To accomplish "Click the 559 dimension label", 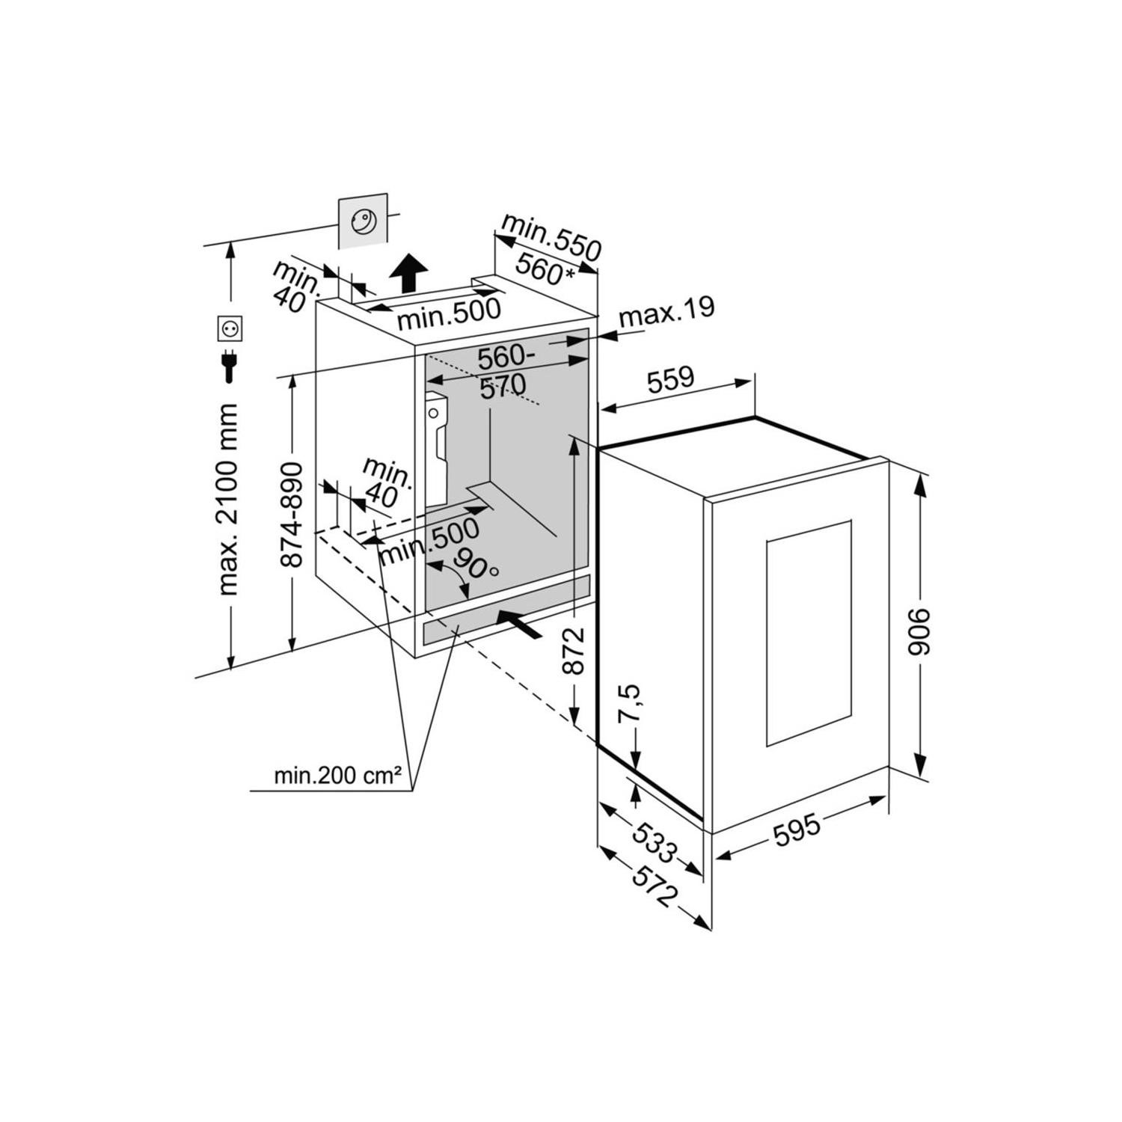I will click(670, 378).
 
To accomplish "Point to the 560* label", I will click(547, 268).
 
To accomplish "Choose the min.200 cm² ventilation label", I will click(328, 776).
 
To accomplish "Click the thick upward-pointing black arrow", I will click(409, 272).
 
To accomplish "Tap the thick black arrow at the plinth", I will click(519, 624).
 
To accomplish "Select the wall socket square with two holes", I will click(227, 328).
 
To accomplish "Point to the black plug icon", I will click(227, 367).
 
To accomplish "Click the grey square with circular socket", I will click(364, 221).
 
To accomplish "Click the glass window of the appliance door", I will click(809, 633).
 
